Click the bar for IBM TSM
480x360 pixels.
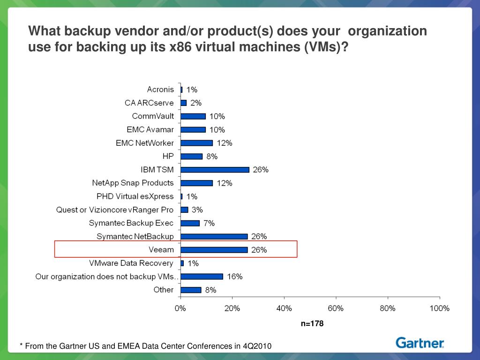(x=215, y=170)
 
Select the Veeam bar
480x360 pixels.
(x=214, y=250)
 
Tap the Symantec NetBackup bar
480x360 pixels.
(x=214, y=237)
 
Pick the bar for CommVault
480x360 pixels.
(x=193, y=116)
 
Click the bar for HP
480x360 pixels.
(x=191, y=157)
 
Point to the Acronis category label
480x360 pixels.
(x=160, y=90)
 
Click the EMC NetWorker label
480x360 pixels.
(x=144, y=143)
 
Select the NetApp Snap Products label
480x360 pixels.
(x=133, y=183)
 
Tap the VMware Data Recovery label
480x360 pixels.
(x=135, y=263)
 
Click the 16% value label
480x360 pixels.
(x=235, y=277)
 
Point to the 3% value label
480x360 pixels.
(x=197, y=210)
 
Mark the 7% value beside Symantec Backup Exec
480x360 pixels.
(x=209, y=223)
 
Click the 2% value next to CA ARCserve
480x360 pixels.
(x=195, y=103)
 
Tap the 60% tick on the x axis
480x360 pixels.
(x=336, y=308)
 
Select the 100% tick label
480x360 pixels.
(x=439, y=308)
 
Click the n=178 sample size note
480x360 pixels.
(x=312, y=323)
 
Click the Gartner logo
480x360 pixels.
(x=420, y=343)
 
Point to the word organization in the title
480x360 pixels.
(x=388, y=31)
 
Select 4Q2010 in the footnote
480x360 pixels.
(x=257, y=346)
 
